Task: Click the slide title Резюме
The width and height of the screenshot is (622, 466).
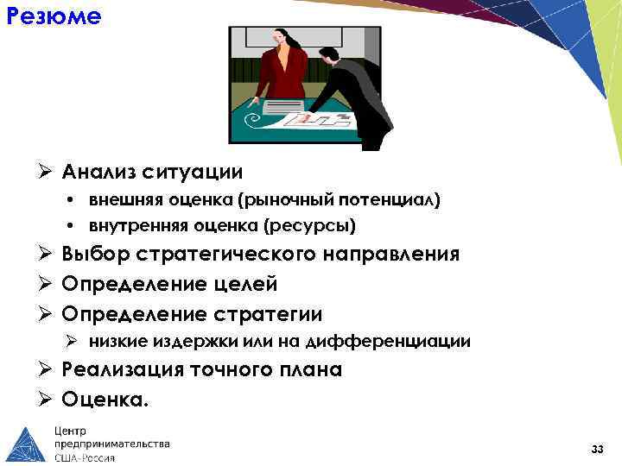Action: [x=53, y=16]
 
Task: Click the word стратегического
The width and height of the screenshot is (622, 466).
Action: [x=228, y=255]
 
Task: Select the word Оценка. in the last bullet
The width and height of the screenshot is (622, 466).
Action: [x=105, y=400]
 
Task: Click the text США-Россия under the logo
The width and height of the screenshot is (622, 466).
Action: [x=85, y=457]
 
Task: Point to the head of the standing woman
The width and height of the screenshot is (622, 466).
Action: [x=281, y=38]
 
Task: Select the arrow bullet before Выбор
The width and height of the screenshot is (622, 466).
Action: [x=48, y=255]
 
